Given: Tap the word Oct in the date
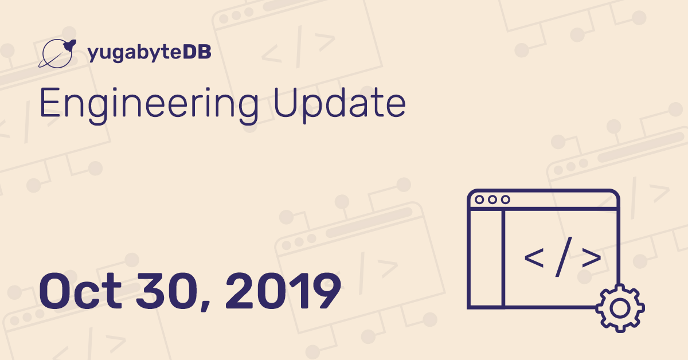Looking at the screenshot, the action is pyautogui.click(x=80, y=291).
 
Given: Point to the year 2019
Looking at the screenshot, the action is pyautogui.click(x=283, y=291).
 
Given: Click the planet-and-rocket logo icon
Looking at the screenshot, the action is pyautogui.click(x=57, y=53).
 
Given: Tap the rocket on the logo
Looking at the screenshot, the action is pyautogui.click(x=70, y=45).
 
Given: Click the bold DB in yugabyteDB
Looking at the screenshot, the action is pyautogui.click(x=197, y=52).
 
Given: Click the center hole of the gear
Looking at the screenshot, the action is pyautogui.click(x=620, y=308).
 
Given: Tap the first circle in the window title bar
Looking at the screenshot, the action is pyautogui.click(x=479, y=199).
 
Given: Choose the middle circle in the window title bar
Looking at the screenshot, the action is pyautogui.click(x=492, y=199).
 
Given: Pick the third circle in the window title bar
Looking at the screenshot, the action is pyautogui.click(x=506, y=199).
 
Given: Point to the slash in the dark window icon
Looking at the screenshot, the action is pyautogui.click(x=564, y=257).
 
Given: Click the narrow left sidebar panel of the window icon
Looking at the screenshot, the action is pyautogui.click(x=486, y=259).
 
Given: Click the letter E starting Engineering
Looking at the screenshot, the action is pyautogui.click(x=50, y=102).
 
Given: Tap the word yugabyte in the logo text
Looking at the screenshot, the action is pyautogui.click(x=135, y=53).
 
